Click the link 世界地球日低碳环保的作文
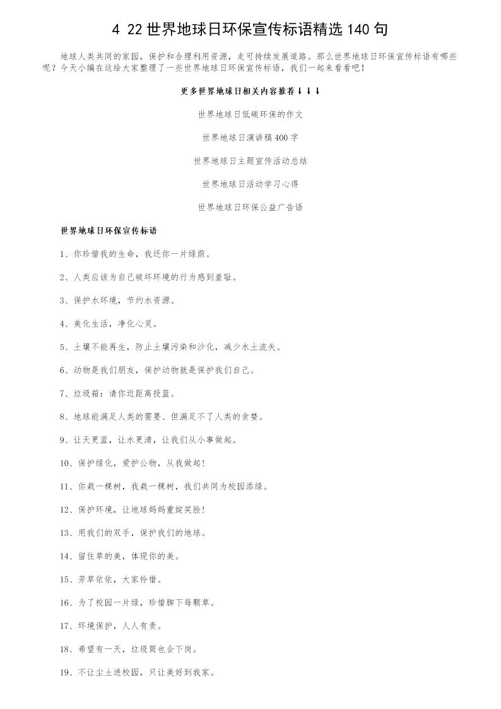click(250, 114)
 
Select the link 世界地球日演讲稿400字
click(250, 138)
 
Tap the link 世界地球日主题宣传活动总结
click(250, 161)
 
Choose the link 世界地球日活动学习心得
click(250, 184)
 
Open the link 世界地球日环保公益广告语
click(250, 207)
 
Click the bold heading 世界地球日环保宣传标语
click(109, 230)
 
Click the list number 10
click(66, 463)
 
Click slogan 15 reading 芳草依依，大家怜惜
click(111, 579)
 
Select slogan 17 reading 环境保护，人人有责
click(111, 626)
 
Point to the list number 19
click(66, 672)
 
